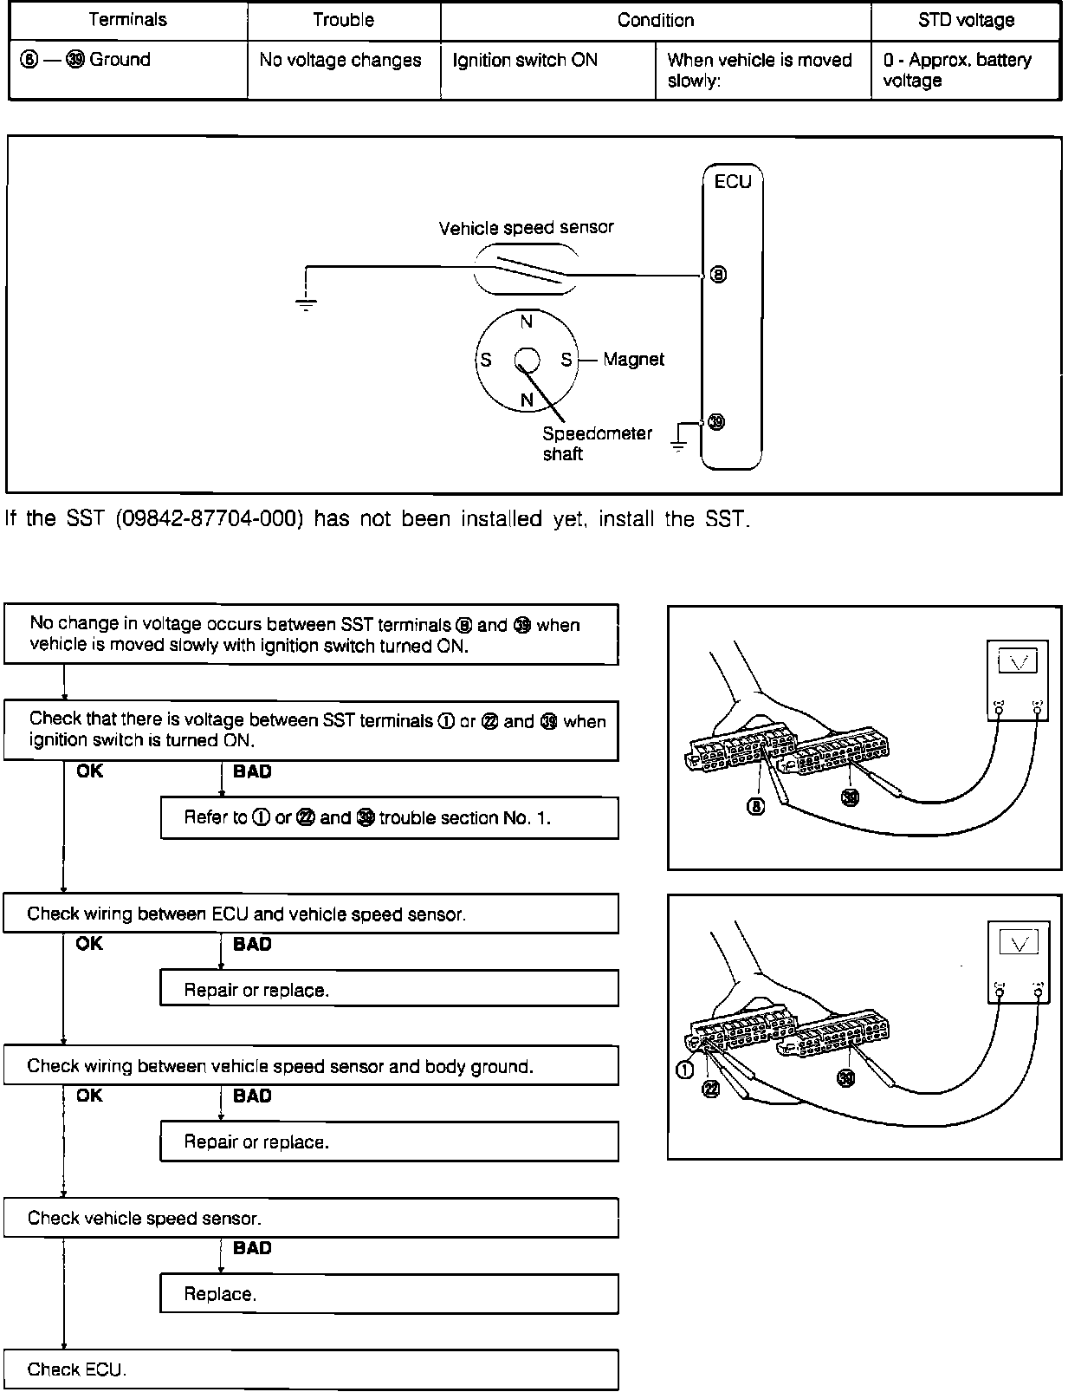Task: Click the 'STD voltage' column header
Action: click(966, 20)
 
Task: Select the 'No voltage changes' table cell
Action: click(340, 60)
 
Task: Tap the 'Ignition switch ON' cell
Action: click(525, 60)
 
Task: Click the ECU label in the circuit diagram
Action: click(732, 182)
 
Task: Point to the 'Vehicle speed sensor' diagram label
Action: click(526, 228)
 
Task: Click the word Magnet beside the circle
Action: click(633, 359)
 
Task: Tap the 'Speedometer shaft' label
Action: click(596, 443)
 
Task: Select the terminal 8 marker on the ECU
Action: click(718, 275)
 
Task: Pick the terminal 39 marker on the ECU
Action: click(716, 422)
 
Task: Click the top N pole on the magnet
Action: click(526, 322)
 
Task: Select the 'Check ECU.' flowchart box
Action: click(310, 1369)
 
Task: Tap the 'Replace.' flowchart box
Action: click(389, 1294)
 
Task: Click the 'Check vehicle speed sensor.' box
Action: click(310, 1218)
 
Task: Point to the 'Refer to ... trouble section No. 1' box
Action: click(389, 817)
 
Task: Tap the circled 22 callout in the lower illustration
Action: click(710, 1090)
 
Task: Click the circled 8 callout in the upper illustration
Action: click(756, 806)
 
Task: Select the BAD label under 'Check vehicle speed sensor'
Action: click(252, 1248)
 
